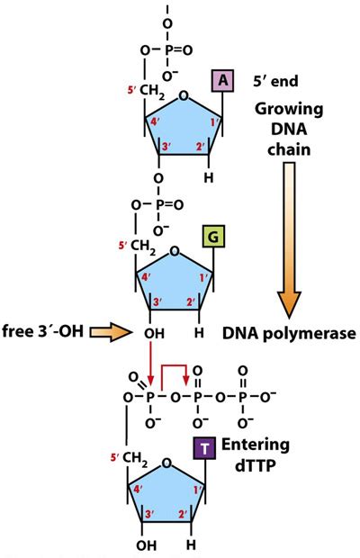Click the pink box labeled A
click(x=222, y=81)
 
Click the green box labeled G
click(x=222, y=238)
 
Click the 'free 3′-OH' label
click(x=40, y=332)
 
